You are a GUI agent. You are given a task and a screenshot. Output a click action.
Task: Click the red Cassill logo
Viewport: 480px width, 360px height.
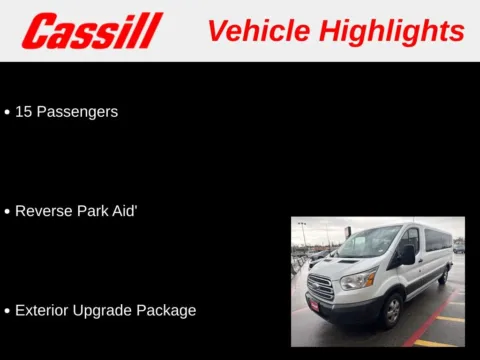coord(92,31)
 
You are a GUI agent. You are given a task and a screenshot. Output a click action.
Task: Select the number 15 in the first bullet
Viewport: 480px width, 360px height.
coord(24,112)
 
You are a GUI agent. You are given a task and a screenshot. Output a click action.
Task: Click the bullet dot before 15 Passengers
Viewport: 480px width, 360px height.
coord(7,112)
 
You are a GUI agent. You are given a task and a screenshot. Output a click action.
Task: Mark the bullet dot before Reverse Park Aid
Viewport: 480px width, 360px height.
coord(7,212)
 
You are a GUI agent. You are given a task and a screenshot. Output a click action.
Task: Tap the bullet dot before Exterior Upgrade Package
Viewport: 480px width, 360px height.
coord(7,311)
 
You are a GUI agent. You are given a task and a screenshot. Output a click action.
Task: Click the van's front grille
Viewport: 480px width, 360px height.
coord(320,288)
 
